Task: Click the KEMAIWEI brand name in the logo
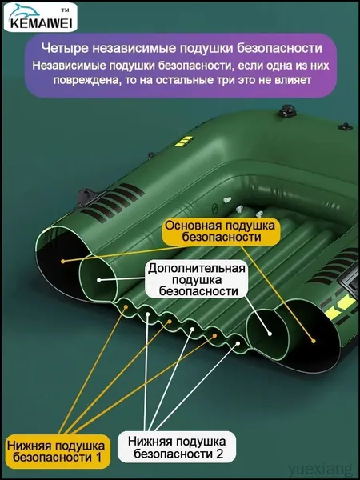pos(41,24)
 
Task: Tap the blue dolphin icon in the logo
pos(25,12)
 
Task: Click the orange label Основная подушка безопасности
pos(220,231)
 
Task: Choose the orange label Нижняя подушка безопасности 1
pos(58,451)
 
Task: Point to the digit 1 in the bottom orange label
pos(98,458)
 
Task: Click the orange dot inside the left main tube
pos(62,261)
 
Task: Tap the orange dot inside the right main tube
pos(313,341)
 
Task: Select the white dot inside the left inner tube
pos(99,280)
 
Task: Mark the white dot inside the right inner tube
pos(270,334)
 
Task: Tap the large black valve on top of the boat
pos(286,110)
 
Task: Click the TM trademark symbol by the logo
pos(65,10)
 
